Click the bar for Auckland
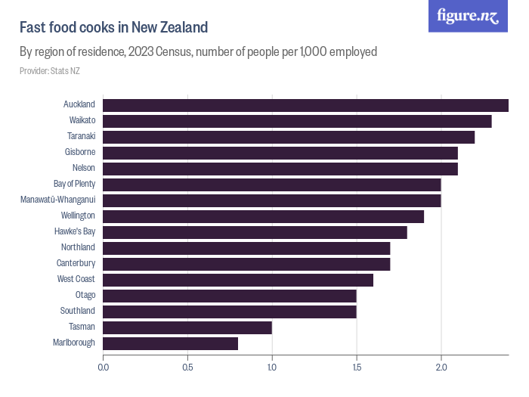(305, 105)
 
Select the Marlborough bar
(170, 343)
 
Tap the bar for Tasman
(187, 327)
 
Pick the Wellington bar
(263, 216)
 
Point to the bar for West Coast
(238, 280)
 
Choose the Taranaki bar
(289, 137)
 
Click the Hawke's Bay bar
(255, 232)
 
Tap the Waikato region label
(82, 120)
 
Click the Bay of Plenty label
(74, 184)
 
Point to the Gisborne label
(79, 152)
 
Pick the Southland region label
(78, 311)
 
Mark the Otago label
(85, 295)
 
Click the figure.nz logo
(468, 17)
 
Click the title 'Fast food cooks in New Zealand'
(113, 28)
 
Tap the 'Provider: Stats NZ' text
(49, 71)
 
